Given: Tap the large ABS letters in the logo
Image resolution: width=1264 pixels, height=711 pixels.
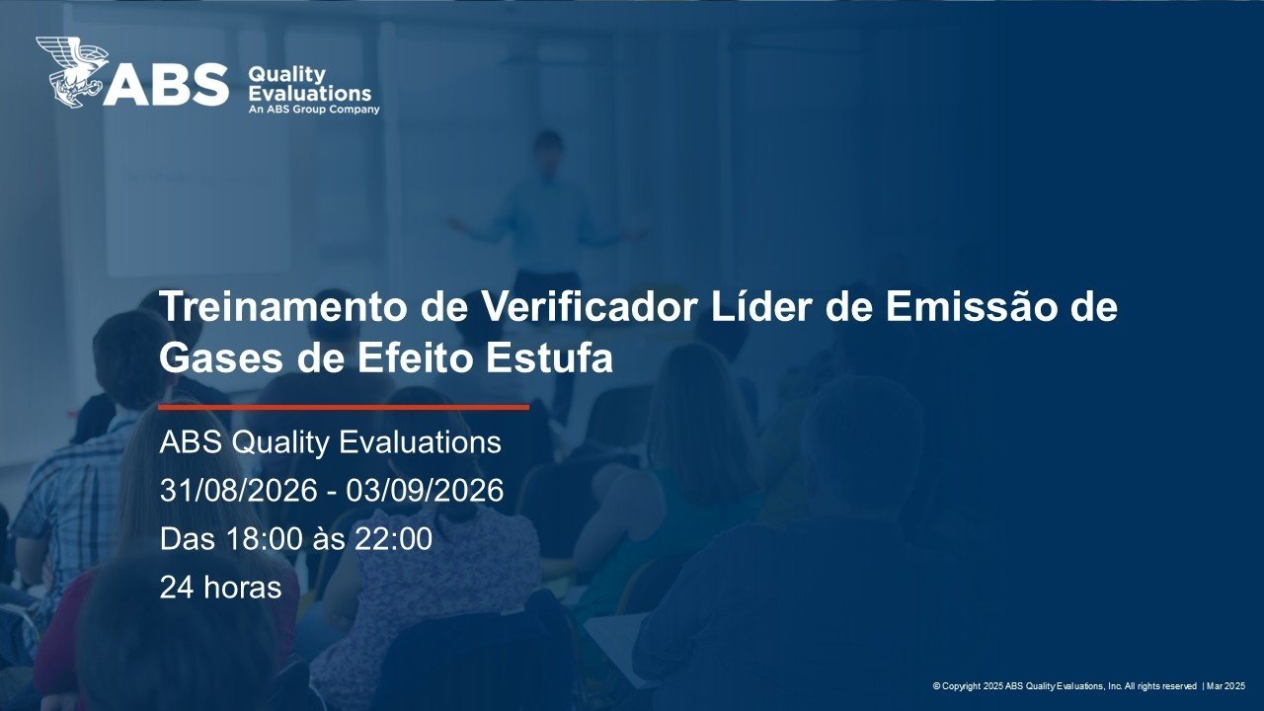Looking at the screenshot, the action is pyautogui.click(x=166, y=85).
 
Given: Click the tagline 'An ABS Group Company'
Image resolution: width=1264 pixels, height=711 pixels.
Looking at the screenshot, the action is pyautogui.click(x=314, y=109).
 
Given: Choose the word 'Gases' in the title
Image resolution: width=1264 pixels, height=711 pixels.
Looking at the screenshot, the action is pyautogui.click(x=221, y=357).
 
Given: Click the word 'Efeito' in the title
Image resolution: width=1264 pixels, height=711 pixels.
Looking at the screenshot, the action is pyautogui.click(x=415, y=357).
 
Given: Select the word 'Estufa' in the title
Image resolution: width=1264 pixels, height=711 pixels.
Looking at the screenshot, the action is pyautogui.click(x=550, y=357).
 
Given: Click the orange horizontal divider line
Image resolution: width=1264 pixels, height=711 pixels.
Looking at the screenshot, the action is pyautogui.click(x=345, y=407).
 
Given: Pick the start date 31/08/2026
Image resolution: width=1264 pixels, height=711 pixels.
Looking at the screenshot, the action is pyautogui.click(x=239, y=490).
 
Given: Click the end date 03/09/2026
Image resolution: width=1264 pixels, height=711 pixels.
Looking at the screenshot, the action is pyautogui.click(x=425, y=490).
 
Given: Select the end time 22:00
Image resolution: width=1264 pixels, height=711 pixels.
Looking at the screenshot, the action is pyautogui.click(x=393, y=538).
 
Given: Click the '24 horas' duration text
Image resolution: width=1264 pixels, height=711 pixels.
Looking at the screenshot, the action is pyautogui.click(x=220, y=587).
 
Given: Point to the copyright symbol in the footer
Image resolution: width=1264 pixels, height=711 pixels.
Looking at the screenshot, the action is pyautogui.click(x=936, y=686).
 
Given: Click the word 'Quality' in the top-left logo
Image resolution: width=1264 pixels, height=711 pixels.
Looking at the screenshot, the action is pyautogui.click(x=286, y=74).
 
